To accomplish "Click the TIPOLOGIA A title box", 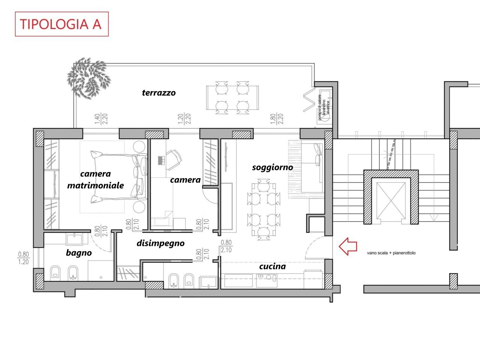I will click(61, 24).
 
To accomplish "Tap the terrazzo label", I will click(159, 93).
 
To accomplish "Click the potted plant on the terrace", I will click(89, 78).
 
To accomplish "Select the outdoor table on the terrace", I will click(232, 98).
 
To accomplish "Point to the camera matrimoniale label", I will click(96, 180).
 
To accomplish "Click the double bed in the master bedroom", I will click(114, 177).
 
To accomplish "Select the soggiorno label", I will click(272, 167).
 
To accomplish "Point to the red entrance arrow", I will click(348, 246).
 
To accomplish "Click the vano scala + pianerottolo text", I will click(391, 253).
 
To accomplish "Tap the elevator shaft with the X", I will click(391, 200).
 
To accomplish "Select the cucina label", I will click(272, 266).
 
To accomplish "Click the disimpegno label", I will click(160, 243).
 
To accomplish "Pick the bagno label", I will click(79, 253).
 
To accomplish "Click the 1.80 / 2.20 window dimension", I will click(277, 118).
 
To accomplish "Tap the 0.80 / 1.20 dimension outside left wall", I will click(23, 258).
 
